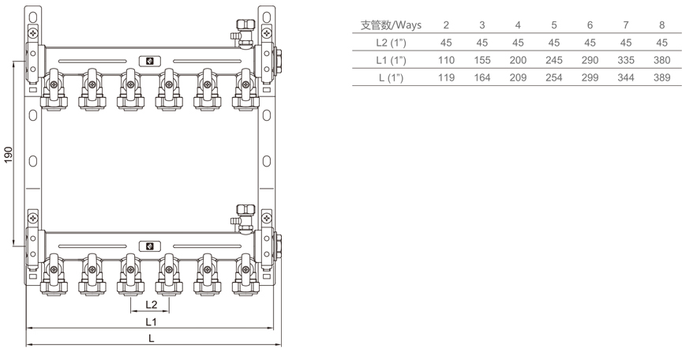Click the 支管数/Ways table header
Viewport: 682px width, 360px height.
391,24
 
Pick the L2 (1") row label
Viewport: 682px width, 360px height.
392,42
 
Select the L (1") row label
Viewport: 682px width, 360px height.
392,77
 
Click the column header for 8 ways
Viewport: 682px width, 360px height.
661,24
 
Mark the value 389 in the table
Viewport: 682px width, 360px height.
661,77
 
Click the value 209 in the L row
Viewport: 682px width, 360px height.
518,77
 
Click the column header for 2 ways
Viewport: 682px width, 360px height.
446,24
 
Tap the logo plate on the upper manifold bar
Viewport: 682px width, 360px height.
146,60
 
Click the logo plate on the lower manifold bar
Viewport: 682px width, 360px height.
146,246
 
